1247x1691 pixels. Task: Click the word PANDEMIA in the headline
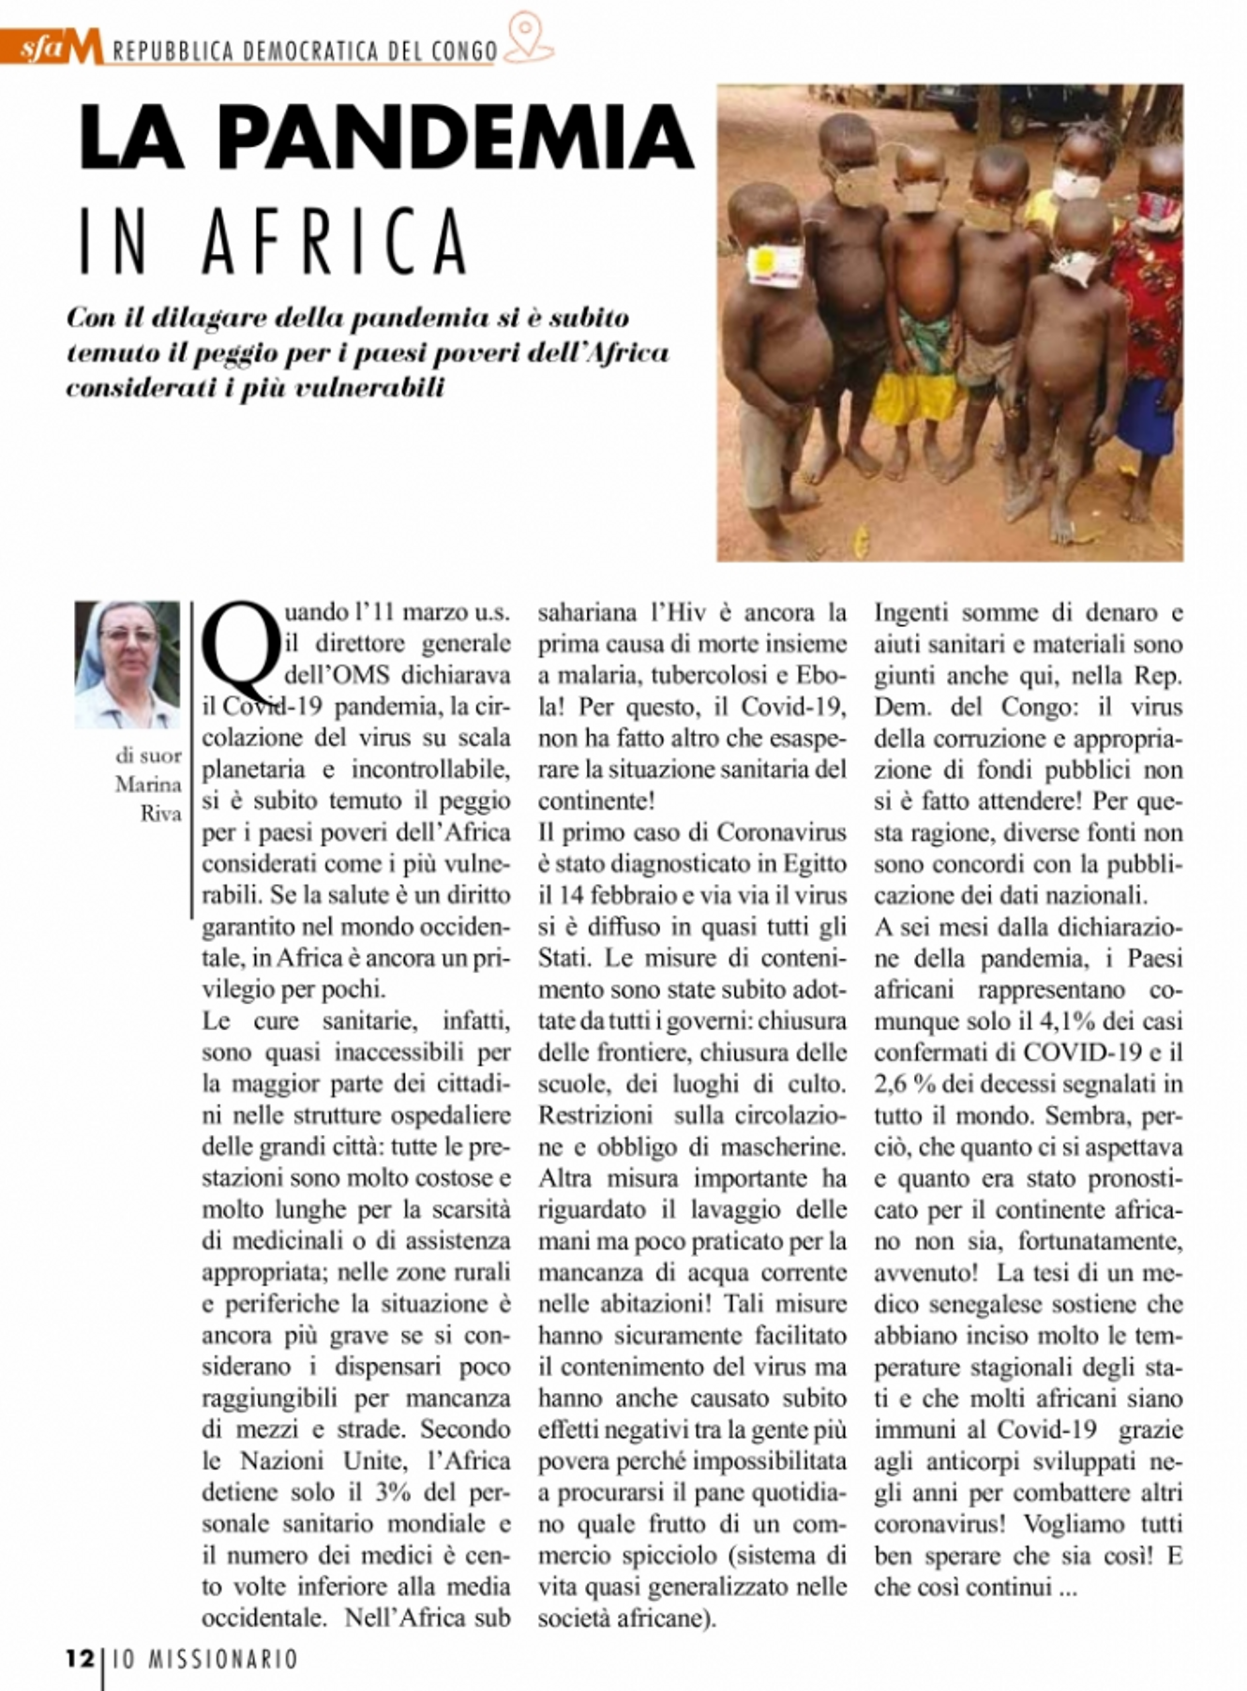(457, 138)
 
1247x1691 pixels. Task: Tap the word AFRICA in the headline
(335, 241)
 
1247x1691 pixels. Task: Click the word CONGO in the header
(458, 52)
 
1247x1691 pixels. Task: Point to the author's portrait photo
(128, 665)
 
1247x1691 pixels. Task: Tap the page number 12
(79, 1658)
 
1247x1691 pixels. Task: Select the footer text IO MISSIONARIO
(205, 1659)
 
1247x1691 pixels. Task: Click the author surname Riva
(160, 814)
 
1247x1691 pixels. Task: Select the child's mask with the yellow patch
(774, 265)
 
